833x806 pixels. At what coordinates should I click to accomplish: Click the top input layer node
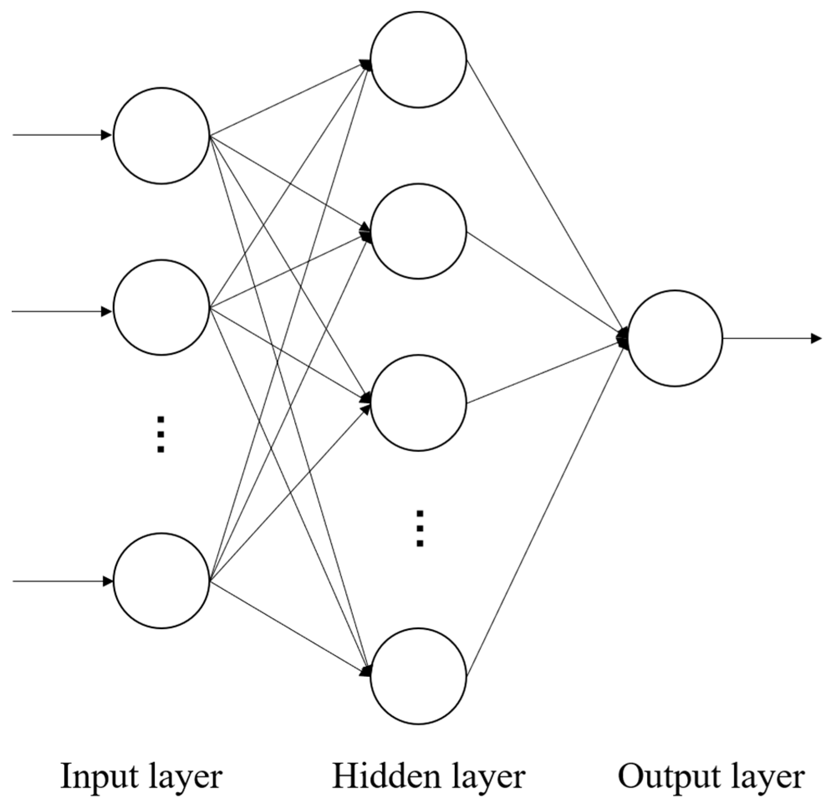pyautogui.click(x=161, y=135)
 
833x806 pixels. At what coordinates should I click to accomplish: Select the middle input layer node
pyautogui.click(x=161, y=307)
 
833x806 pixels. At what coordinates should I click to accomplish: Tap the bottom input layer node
pyautogui.click(x=161, y=580)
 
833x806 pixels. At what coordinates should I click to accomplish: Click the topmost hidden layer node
pyautogui.click(x=418, y=59)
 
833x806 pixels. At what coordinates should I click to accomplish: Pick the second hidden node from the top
pyautogui.click(x=418, y=231)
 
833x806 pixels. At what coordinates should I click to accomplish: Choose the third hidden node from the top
pyautogui.click(x=418, y=403)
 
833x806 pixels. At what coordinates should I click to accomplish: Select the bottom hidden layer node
pyautogui.click(x=418, y=676)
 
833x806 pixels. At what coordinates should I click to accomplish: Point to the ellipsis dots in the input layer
pyautogui.click(x=160, y=434)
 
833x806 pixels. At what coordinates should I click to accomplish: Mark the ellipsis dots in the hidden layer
pyautogui.click(x=420, y=528)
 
